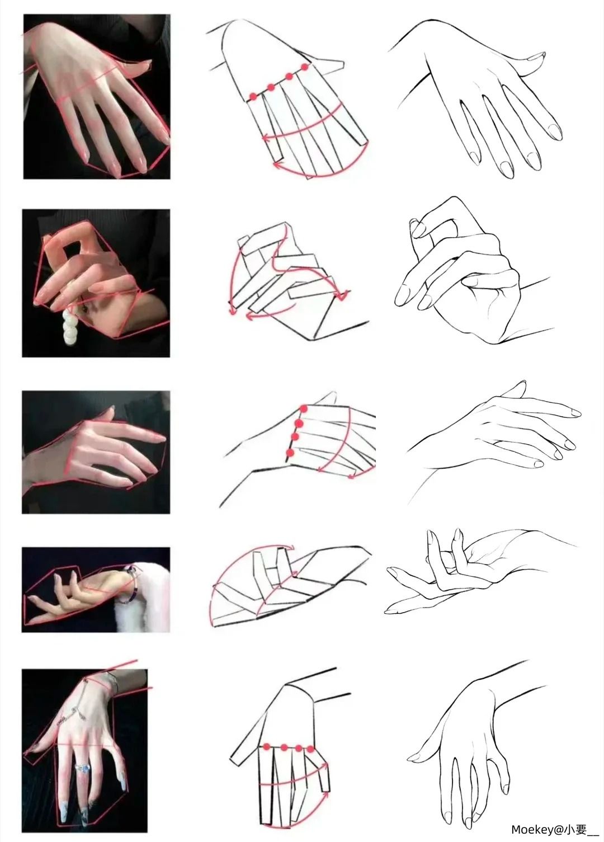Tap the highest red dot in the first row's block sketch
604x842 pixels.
(305, 68)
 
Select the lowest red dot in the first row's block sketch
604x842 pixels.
(253, 96)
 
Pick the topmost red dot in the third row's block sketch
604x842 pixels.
(304, 409)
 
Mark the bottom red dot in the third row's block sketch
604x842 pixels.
(289, 453)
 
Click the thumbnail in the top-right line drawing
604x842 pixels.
(536, 57)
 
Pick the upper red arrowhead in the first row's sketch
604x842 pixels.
(267, 138)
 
